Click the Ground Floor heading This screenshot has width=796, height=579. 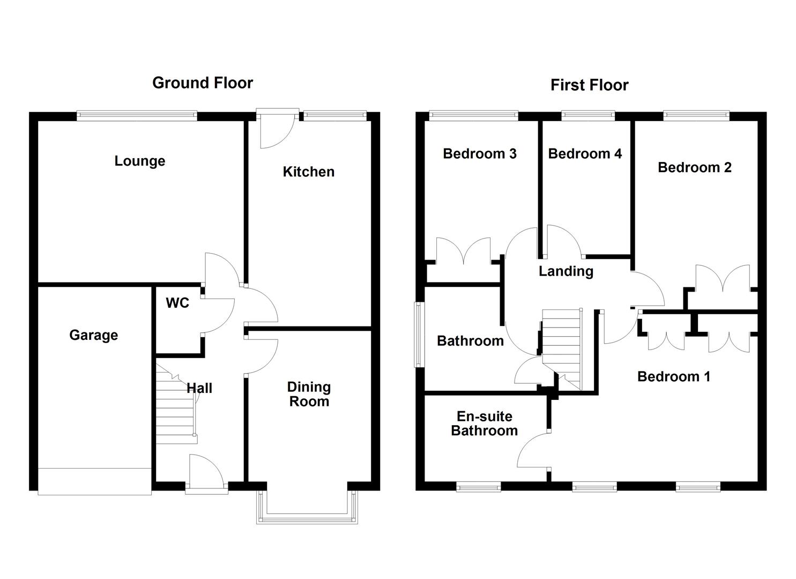(202, 83)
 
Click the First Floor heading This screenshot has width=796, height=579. (589, 85)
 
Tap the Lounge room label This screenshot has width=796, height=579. (139, 161)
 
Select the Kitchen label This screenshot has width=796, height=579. (308, 172)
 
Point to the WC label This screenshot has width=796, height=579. (177, 303)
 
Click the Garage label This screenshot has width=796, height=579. (93, 335)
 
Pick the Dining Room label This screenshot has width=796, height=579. (309, 394)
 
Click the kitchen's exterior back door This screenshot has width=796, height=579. (277, 129)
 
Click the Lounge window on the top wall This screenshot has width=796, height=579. (137, 115)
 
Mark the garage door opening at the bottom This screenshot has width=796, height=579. (95, 480)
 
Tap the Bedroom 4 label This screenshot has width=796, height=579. (585, 154)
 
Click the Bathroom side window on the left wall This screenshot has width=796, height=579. (418, 335)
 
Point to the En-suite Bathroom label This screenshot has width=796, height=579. (484, 424)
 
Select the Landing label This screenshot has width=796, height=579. (566, 271)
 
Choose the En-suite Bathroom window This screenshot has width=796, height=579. (478, 486)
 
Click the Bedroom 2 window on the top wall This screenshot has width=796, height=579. (696, 115)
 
